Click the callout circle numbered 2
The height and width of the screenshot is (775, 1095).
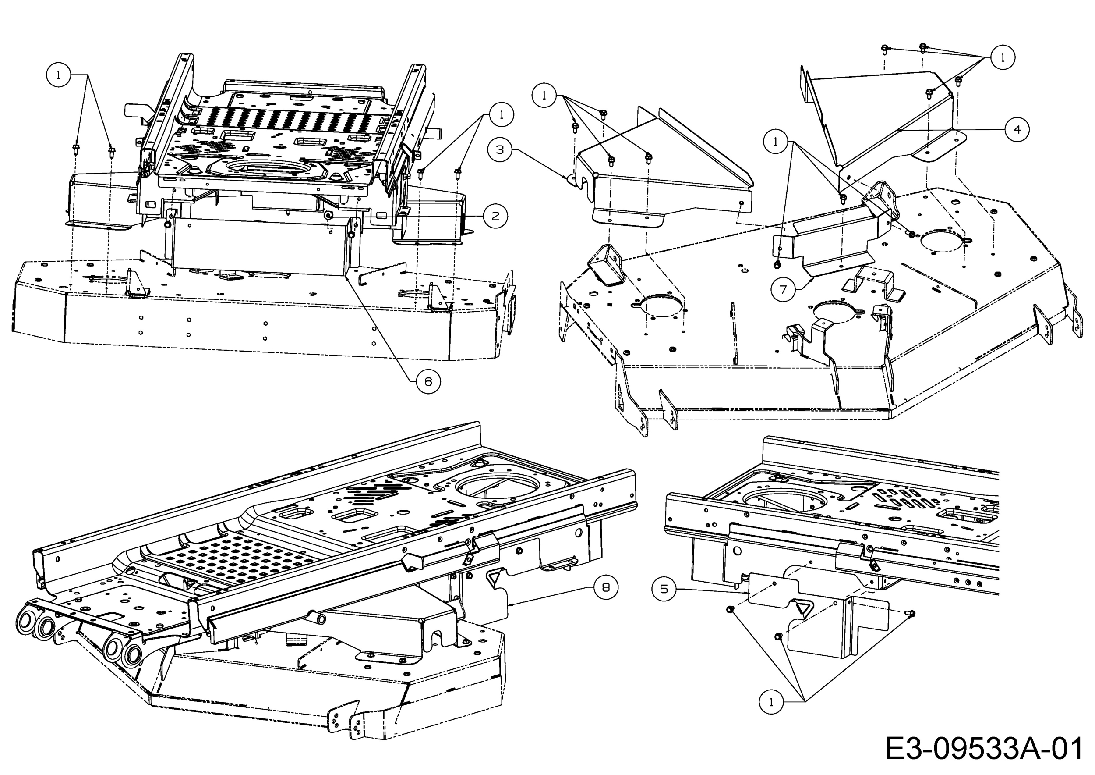pyautogui.click(x=495, y=216)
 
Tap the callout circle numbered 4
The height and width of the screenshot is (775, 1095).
pyautogui.click(x=1017, y=129)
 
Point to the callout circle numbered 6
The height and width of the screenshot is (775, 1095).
pyautogui.click(x=428, y=381)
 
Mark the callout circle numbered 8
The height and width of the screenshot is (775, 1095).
pyautogui.click(x=606, y=587)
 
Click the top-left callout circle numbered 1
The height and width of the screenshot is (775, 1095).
pyautogui.click(x=59, y=75)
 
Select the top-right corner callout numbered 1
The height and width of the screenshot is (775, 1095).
pyautogui.click(x=1003, y=58)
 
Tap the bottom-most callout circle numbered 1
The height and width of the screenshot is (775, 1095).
pyautogui.click(x=771, y=702)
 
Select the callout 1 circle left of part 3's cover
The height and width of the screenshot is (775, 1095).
pyautogui.click(x=544, y=96)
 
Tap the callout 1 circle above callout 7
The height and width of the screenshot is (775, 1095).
pyautogui.click(x=775, y=142)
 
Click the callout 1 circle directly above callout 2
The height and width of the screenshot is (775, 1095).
pyautogui.click(x=501, y=114)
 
